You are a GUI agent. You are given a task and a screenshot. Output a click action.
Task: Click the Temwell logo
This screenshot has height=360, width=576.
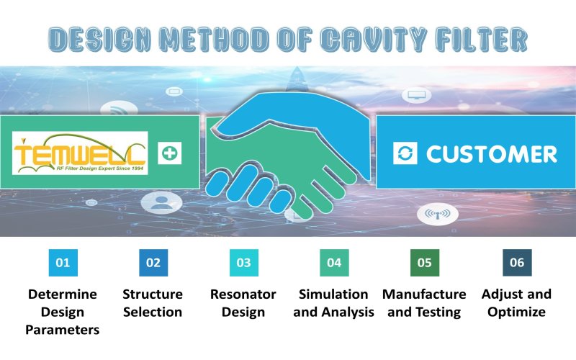[x=80, y=153]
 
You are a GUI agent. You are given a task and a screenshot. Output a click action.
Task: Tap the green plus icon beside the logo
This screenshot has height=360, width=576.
[x=171, y=153]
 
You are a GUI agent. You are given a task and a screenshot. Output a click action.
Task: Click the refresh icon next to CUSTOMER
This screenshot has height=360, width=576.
[x=405, y=153]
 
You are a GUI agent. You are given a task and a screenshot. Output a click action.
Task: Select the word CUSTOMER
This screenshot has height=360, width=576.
[x=492, y=153]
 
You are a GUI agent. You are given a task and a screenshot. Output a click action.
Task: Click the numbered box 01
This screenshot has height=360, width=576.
[x=63, y=263]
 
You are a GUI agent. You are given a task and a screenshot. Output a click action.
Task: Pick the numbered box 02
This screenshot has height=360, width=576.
[x=153, y=263]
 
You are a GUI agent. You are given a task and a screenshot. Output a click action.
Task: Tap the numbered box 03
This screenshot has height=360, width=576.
[x=243, y=263]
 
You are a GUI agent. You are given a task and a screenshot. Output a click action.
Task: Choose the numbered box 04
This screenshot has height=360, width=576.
[x=334, y=263]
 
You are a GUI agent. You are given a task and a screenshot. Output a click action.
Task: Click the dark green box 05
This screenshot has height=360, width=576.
[x=424, y=263]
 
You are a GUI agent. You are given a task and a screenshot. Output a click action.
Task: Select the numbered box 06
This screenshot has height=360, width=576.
[x=516, y=263]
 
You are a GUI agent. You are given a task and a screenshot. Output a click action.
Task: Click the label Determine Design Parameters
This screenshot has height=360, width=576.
[x=63, y=312]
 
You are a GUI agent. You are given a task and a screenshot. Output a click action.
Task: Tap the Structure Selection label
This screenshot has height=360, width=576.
[x=153, y=303]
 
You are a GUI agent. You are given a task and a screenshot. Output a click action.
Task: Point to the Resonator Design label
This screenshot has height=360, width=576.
[x=243, y=303]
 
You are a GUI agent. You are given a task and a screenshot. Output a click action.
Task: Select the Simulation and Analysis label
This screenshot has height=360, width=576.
[x=334, y=303]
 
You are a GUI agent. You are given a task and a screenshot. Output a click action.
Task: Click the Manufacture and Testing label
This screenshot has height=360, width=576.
[x=424, y=303]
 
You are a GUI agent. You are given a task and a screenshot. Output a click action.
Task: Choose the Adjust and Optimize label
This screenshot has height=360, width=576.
[x=516, y=303]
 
